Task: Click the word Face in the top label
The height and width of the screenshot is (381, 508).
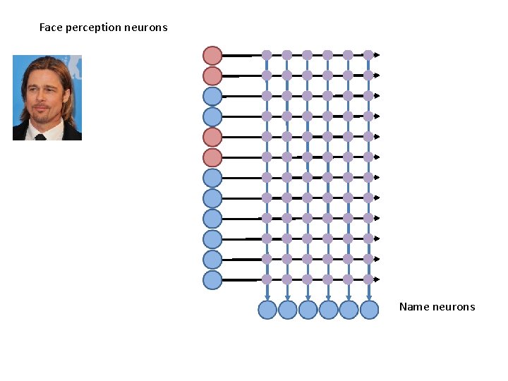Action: click(50, 28)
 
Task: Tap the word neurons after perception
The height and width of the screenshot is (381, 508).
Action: click(145, 28)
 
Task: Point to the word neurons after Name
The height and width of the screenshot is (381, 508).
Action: click(454, 307)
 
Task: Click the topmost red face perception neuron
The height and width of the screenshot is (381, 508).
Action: click(212, 55)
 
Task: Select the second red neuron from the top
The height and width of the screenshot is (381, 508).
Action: click(212, 75)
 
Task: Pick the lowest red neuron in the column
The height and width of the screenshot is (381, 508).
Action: click(212, 157)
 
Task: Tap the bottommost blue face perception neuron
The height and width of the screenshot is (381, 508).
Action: click(212, 280)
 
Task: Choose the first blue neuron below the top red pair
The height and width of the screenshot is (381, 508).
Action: click(212, 96)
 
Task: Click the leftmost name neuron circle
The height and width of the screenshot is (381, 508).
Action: click(267, 310)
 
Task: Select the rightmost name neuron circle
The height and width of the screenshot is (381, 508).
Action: click(369, 310)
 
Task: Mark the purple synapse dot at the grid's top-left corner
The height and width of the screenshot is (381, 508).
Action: click(267, 54)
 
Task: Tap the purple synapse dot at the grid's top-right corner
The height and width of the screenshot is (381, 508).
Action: click(368, 54)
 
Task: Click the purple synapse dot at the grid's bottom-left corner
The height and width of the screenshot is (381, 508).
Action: click(267, 279)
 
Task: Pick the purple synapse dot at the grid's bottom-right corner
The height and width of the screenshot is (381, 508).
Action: click(368, 279)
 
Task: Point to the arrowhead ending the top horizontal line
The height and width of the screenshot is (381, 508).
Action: click(377, 55)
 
